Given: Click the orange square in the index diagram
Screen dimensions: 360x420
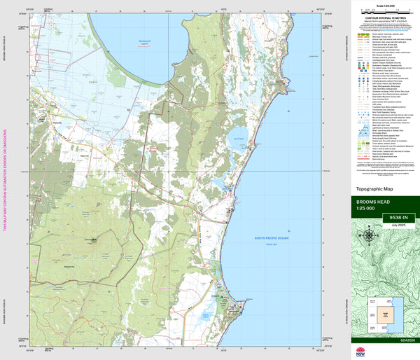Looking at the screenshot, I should click(x=384, y=313).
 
